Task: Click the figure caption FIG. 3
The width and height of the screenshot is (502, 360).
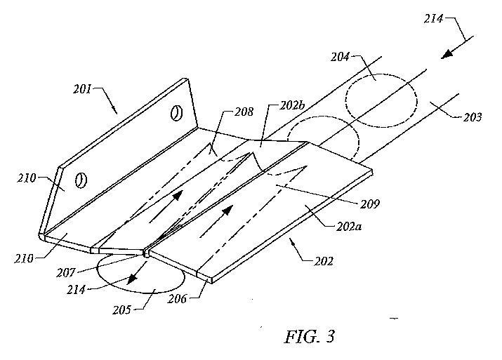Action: [310, 336]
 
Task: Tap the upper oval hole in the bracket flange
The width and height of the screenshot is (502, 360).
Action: [176, 112]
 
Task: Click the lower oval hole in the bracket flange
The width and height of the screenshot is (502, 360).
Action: [81, 180]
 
